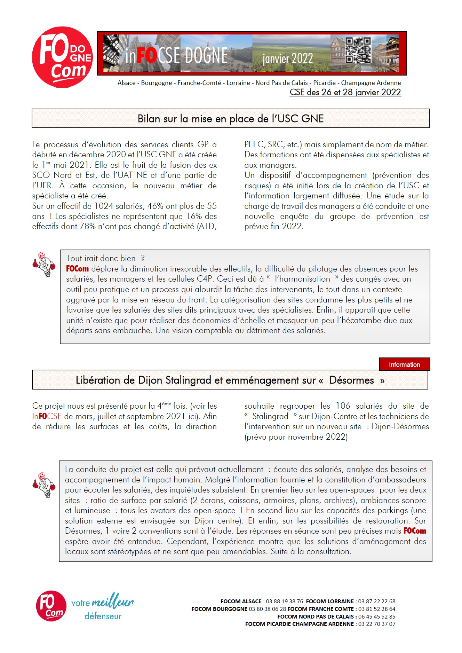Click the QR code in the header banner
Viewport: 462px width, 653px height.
[x=358, y=50]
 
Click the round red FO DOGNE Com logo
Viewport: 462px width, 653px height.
[x=62, y=57]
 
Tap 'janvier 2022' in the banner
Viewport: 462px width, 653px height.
[x=287, y=58]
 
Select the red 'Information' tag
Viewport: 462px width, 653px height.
[x=404, y=364]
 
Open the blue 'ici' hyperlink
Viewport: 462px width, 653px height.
[x=192, y=416]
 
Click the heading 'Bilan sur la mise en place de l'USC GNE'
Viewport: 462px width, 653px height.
[x=230, y=119]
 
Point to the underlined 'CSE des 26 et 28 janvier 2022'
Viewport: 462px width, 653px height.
[x=345, y=92]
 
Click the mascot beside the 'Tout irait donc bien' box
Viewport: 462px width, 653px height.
[x=44, y=264]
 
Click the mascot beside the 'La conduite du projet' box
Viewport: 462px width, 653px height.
[x=44, y=485]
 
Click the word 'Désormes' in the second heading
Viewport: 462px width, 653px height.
[x=351, y=380]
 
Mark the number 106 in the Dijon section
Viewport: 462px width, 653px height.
[x=343, y=406]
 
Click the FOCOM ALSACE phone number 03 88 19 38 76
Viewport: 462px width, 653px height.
[x=284, y=601]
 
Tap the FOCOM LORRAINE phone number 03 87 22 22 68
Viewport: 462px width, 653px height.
[x=377, y=601]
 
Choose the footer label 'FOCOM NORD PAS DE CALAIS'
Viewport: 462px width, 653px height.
[x=315, y=616]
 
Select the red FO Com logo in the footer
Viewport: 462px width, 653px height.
[x=51, y=606]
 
